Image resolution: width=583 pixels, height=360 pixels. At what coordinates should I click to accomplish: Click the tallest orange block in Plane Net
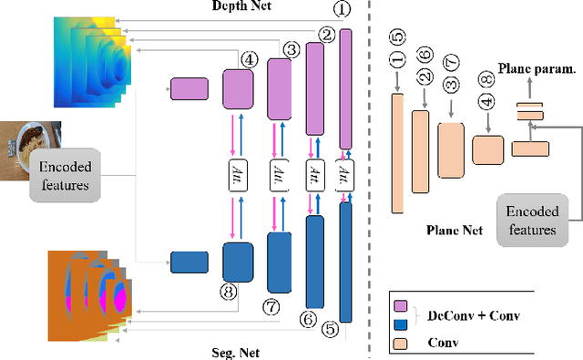(397, 152)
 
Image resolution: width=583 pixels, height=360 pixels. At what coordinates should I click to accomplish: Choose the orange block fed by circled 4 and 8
(488, 149)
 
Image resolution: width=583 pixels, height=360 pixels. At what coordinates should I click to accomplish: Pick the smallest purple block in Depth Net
(190, 88)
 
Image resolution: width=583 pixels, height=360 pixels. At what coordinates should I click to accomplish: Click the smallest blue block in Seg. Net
(190, 263)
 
